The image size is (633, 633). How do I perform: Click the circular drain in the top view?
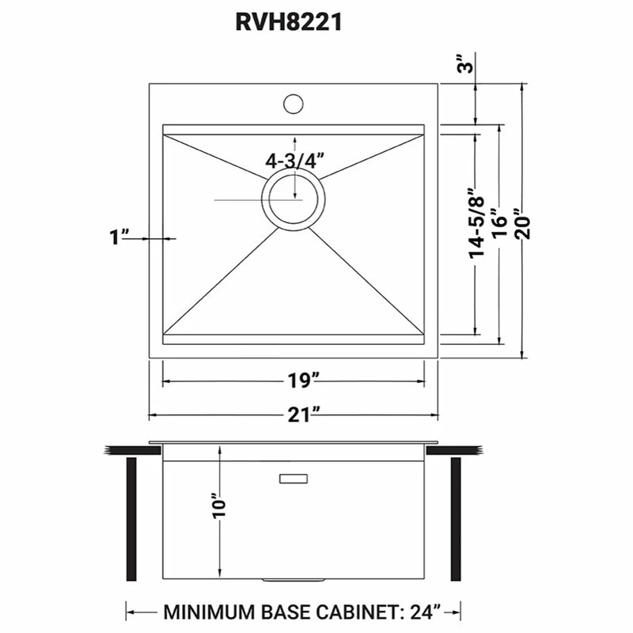(293, 199)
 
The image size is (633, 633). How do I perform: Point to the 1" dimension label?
(120, 237)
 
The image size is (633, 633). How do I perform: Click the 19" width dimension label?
(293, 381)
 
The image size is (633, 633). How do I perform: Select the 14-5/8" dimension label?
(475, 223)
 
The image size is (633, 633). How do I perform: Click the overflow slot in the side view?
(294, 478)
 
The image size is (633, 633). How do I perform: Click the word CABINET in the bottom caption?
(355, 612)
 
